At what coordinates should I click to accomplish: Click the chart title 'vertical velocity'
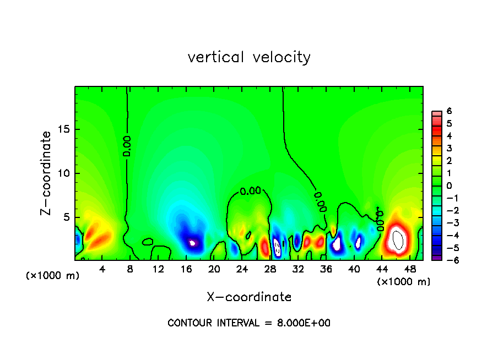249,57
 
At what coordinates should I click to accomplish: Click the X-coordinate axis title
249,297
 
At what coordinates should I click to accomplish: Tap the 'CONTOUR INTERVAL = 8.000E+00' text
249,323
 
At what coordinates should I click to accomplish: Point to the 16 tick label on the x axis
187,269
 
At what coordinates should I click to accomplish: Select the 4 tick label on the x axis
102,269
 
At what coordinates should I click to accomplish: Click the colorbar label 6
449,111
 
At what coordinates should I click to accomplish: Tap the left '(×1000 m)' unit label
52,276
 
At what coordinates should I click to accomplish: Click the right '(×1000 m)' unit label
403,282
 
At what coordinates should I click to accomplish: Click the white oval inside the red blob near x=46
398,239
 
